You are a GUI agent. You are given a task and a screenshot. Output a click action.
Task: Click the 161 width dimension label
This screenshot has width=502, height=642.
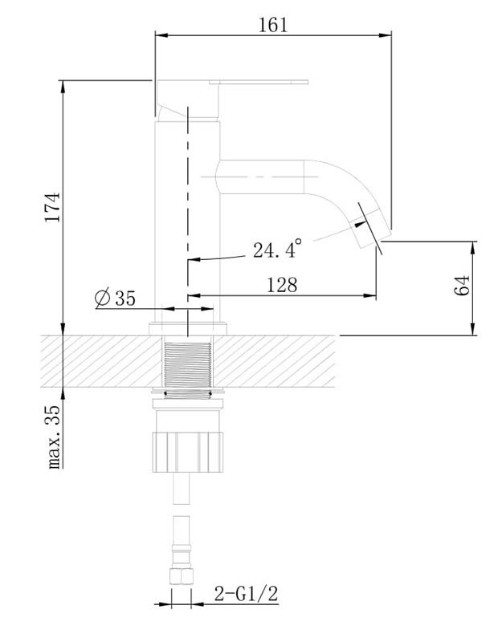click(273, 25)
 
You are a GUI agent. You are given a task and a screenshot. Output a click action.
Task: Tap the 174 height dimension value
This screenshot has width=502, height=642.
click(53, 207)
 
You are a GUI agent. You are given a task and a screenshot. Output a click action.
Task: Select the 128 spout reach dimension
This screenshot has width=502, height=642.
click(282, 285)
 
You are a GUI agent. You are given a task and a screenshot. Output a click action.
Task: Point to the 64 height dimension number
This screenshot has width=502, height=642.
click(462, 286)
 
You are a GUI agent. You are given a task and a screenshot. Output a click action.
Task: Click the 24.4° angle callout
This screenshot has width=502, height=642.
click(277, 249)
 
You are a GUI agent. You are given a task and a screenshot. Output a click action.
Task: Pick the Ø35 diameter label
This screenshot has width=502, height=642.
click(115, 298)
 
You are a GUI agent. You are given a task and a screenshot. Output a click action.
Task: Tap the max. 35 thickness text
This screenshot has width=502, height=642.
click(54, 437)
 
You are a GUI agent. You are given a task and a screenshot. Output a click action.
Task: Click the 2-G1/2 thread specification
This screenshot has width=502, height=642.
click(246, 593)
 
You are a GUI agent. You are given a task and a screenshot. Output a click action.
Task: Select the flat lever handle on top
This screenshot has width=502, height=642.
click(259, 82)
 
